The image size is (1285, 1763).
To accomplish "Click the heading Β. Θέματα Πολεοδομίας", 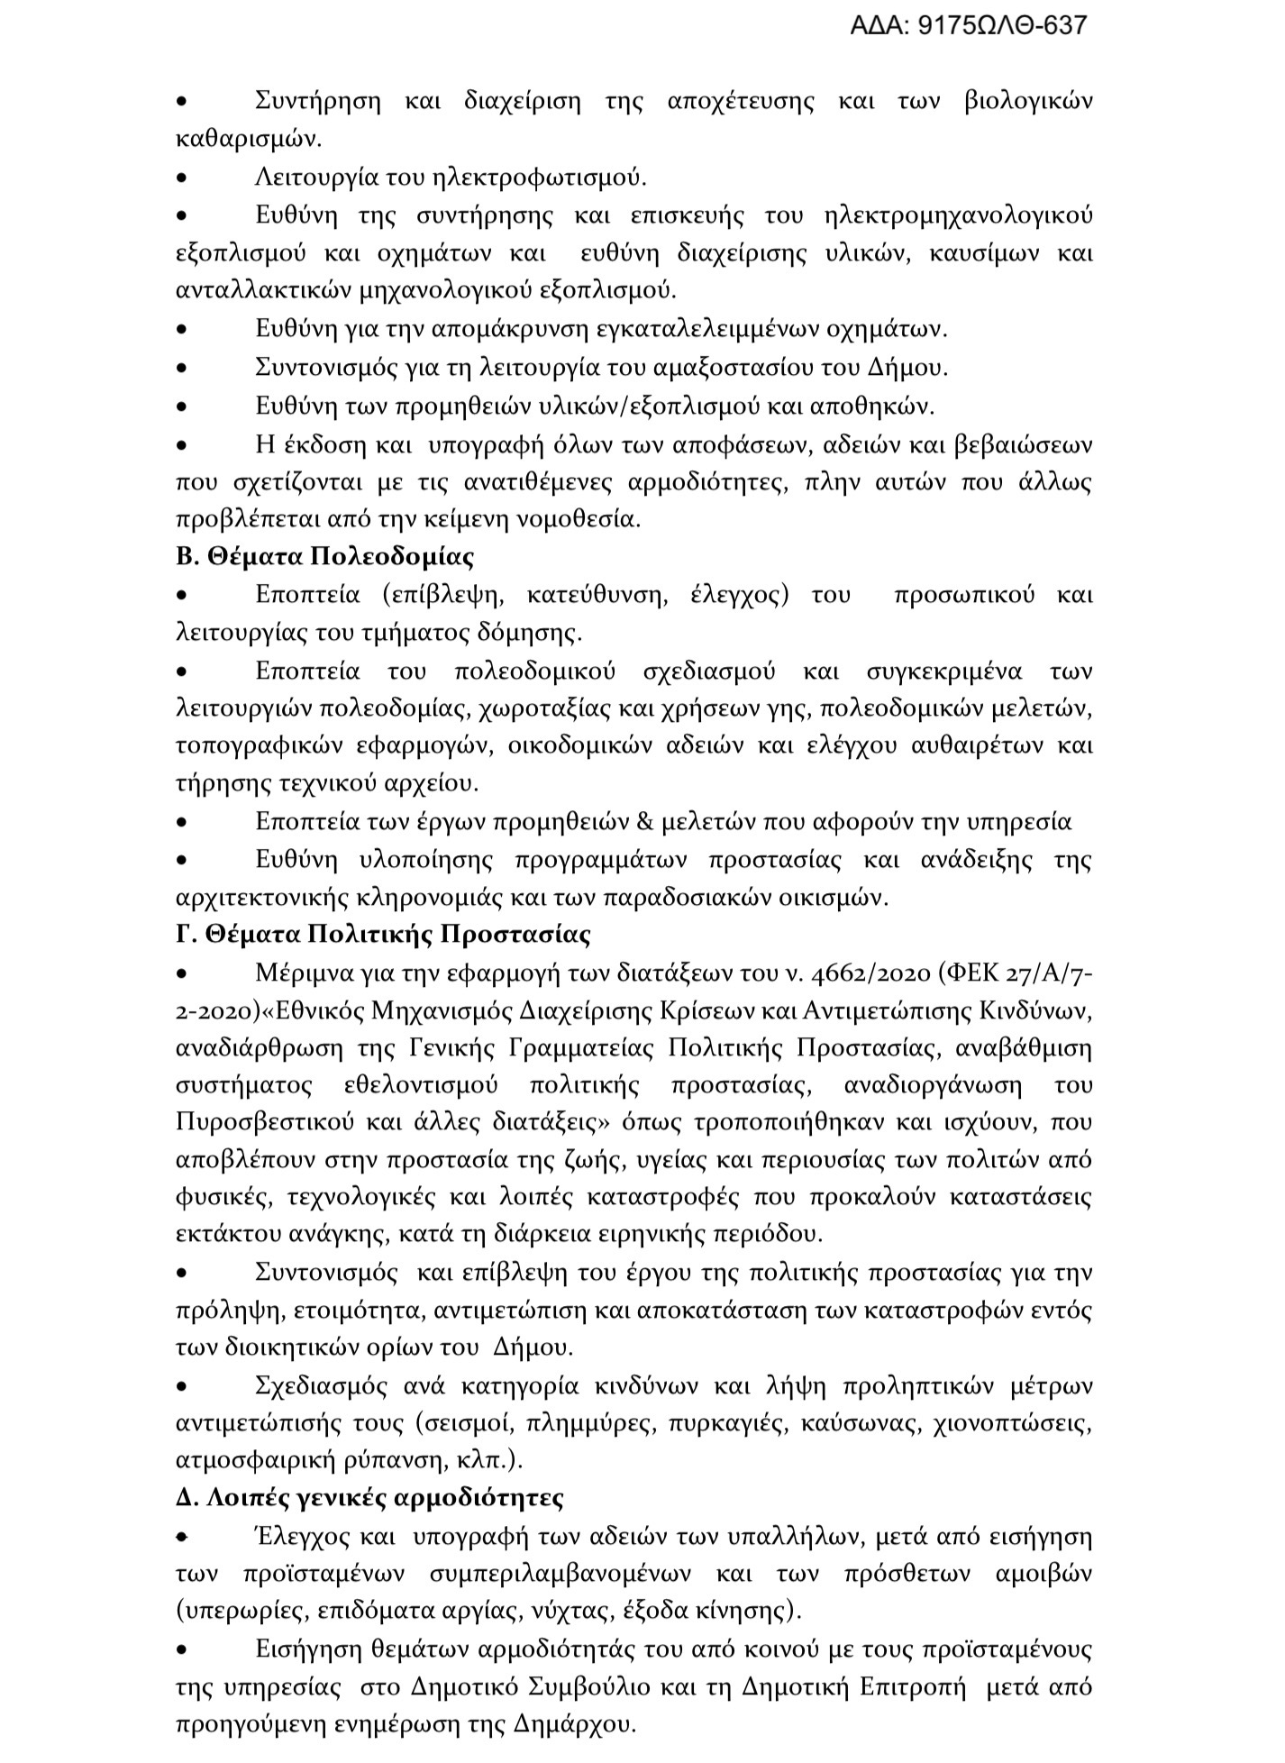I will pyautogui.click(x=325, y=557).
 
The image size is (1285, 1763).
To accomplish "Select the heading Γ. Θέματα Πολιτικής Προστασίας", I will pyautogui.click(x=384, y=935).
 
